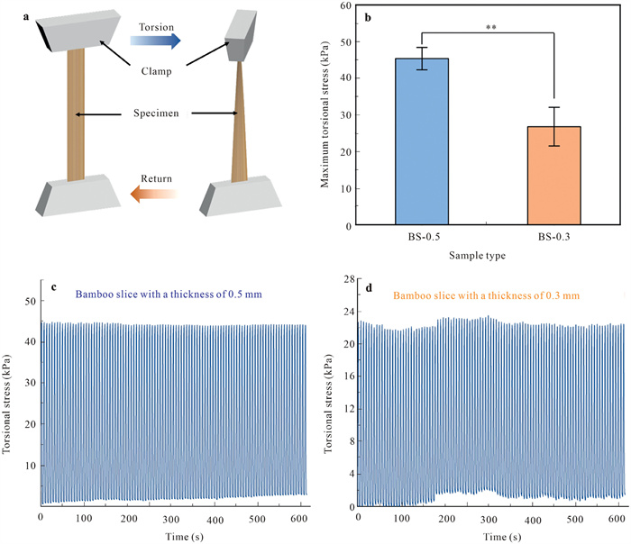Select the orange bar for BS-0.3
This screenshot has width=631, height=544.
553,176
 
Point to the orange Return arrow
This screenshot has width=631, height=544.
155,193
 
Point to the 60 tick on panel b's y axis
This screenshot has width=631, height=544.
344,6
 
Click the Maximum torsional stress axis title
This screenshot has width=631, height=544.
325,116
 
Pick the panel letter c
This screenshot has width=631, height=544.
55,288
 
